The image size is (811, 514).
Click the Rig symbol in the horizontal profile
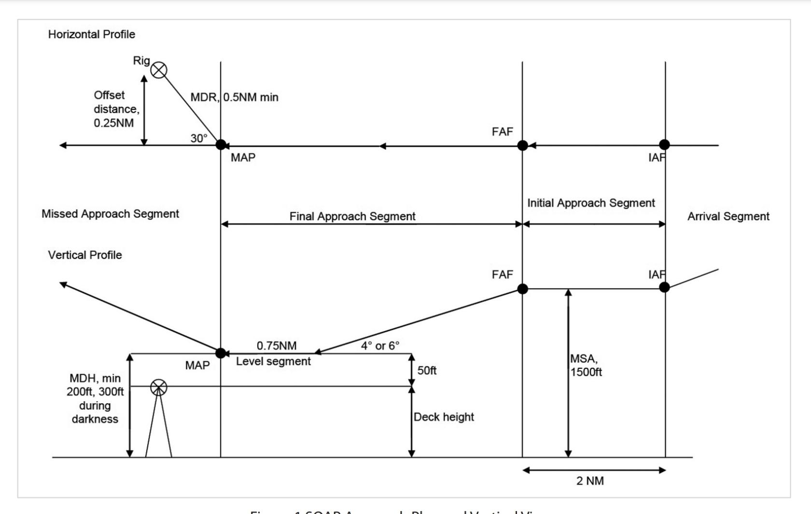[159, 70]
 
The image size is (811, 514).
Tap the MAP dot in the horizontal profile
[221, 145]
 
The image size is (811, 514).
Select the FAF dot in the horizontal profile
[522, 145]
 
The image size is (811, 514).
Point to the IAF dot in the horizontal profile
[664, 145]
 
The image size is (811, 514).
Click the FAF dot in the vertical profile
[522, 289]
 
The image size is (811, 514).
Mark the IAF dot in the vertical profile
[664, 287]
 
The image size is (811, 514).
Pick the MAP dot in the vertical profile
[221, 353]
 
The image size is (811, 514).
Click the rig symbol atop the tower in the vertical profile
[159, 387]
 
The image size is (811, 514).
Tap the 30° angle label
[198, 138]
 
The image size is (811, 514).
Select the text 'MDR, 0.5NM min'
[234, 97]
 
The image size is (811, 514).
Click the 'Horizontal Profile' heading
[91, 34]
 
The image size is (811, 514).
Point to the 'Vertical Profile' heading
[85, 255]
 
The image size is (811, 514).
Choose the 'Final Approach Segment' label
[352, 216]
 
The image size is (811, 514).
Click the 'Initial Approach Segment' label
[591, 203]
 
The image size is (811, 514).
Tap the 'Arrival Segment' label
[728, 216]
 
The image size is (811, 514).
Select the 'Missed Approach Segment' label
[110, 214]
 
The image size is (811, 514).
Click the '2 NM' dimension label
[590, 481]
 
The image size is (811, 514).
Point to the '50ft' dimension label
[427, 370]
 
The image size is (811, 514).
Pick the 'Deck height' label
[444, 417]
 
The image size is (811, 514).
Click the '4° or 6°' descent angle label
[380, 346]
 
